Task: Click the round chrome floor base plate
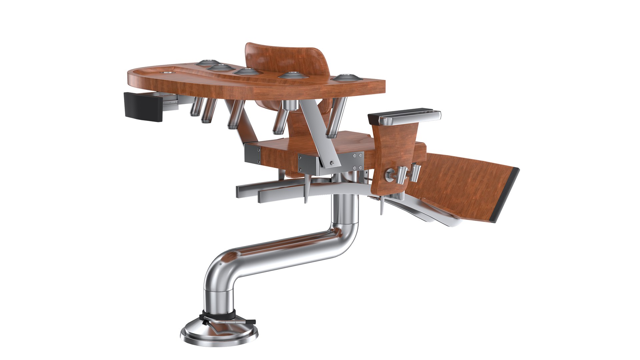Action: pyautogui.click(x=220, y=333)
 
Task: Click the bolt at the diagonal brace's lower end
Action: pyautogui.click(x=332, y=163)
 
